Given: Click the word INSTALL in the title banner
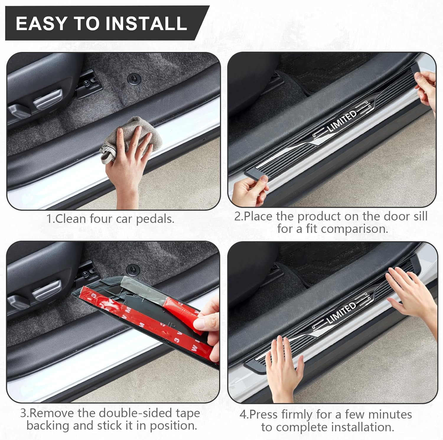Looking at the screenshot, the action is pos(146,23).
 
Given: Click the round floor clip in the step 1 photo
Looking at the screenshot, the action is pos(134,79).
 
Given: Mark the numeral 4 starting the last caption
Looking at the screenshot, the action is pos(243,415).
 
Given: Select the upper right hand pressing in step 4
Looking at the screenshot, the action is pos(411,295).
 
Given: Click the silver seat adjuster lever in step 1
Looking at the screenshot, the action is pos(48,99).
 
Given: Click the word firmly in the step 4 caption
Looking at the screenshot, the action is pos(297,415).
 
